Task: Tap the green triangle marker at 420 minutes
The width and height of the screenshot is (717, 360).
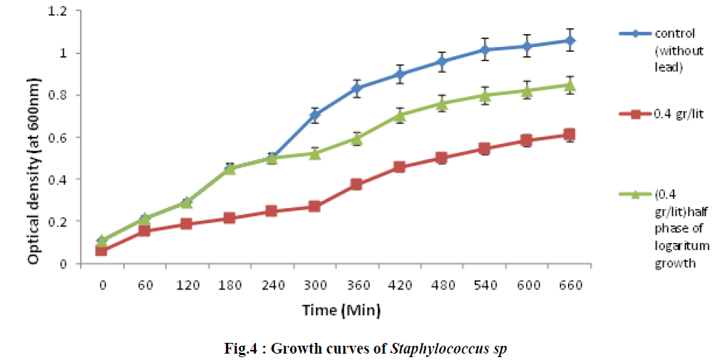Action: click(x=400, y=115)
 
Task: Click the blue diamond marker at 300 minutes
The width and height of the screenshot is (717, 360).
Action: click(x=315, y=115)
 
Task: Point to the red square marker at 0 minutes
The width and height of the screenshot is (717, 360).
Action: click(x=102, y=250)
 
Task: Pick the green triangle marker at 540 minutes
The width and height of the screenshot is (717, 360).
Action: click(x=485, y=96)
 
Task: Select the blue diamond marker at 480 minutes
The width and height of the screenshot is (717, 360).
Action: click(x=443, y=61)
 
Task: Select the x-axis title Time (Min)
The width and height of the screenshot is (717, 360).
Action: click(x=341, y=310)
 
